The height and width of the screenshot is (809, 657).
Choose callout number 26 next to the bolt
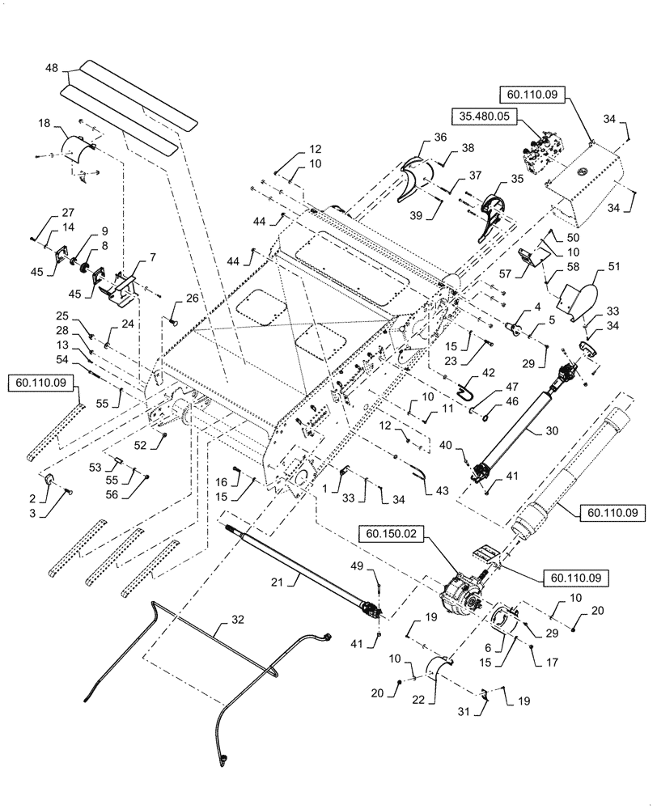point(191,298)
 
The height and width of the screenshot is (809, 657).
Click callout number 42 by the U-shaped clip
point(487,373)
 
